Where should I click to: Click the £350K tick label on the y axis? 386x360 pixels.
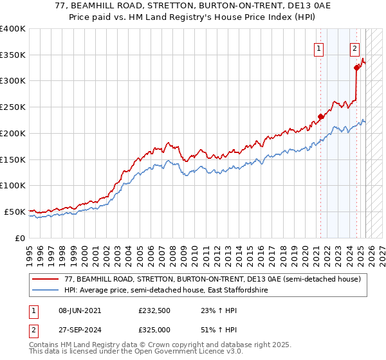pos(13,55)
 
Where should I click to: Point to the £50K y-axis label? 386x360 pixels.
pos(15,212)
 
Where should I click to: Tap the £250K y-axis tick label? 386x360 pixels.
pos(13,107)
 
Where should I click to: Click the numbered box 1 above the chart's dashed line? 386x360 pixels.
pos(320,47)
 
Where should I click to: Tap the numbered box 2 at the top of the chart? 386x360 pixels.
pos(354,47)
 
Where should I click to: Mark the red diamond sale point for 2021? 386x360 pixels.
pos(320,117)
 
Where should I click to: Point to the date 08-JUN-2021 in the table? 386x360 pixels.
pos(78,310)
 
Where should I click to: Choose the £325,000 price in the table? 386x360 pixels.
pos(154,329)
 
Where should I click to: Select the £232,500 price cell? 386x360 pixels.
pos(154,310)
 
